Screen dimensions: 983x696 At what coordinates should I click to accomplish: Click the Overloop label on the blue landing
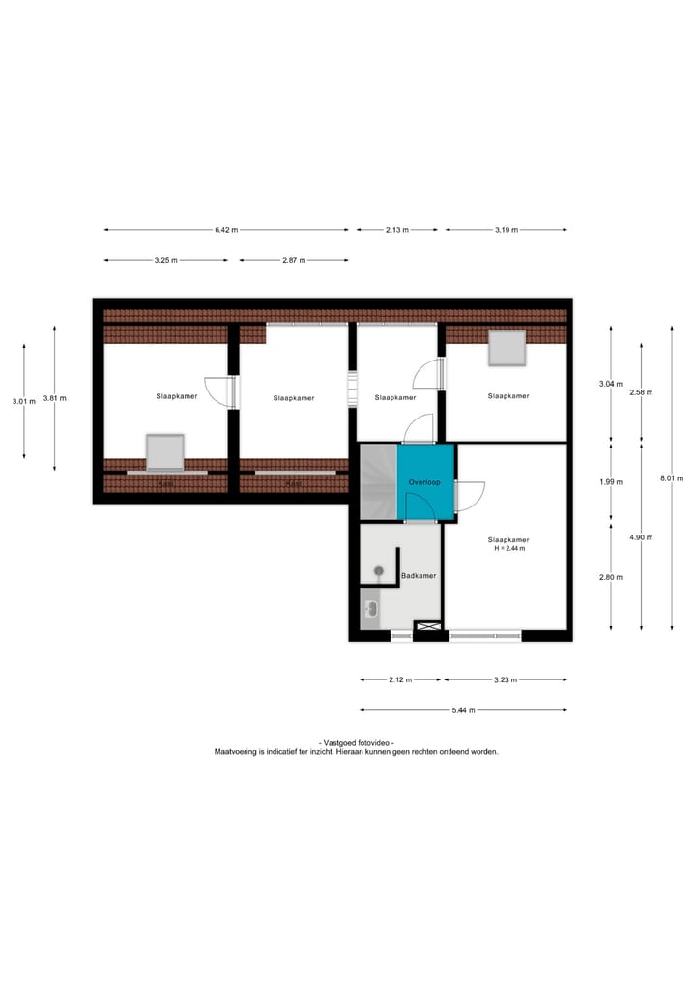coord(424,481)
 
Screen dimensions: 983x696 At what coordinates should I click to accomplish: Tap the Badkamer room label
coord(419,576)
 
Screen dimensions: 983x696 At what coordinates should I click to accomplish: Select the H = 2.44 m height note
coord(508,549)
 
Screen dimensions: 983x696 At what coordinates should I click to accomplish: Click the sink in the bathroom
coord(370,609)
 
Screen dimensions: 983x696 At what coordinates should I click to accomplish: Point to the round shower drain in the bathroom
coord(379,571)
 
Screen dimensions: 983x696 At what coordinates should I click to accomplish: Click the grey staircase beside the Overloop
coord(378,480)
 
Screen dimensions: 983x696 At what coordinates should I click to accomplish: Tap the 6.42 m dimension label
coord(226,230)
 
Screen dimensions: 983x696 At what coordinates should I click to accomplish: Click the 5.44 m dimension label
coord(463,710)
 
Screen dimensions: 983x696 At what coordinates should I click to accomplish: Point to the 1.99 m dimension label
coord(611,482)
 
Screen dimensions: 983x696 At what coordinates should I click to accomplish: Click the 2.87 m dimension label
coord(294,261)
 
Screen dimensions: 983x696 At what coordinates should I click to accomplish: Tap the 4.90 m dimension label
coord(641,537)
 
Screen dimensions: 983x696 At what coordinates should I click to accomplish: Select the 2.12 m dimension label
coord(400,680)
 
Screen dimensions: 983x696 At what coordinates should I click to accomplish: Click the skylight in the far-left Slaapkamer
coord(165,451)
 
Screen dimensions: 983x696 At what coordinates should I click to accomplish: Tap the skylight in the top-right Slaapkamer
coord(507,348)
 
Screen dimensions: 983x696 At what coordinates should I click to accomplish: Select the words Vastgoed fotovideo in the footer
coord(356,741)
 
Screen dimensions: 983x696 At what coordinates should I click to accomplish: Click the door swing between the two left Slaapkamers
coord(223,391)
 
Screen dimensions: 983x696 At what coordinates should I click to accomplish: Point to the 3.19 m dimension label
coord(507,230)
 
